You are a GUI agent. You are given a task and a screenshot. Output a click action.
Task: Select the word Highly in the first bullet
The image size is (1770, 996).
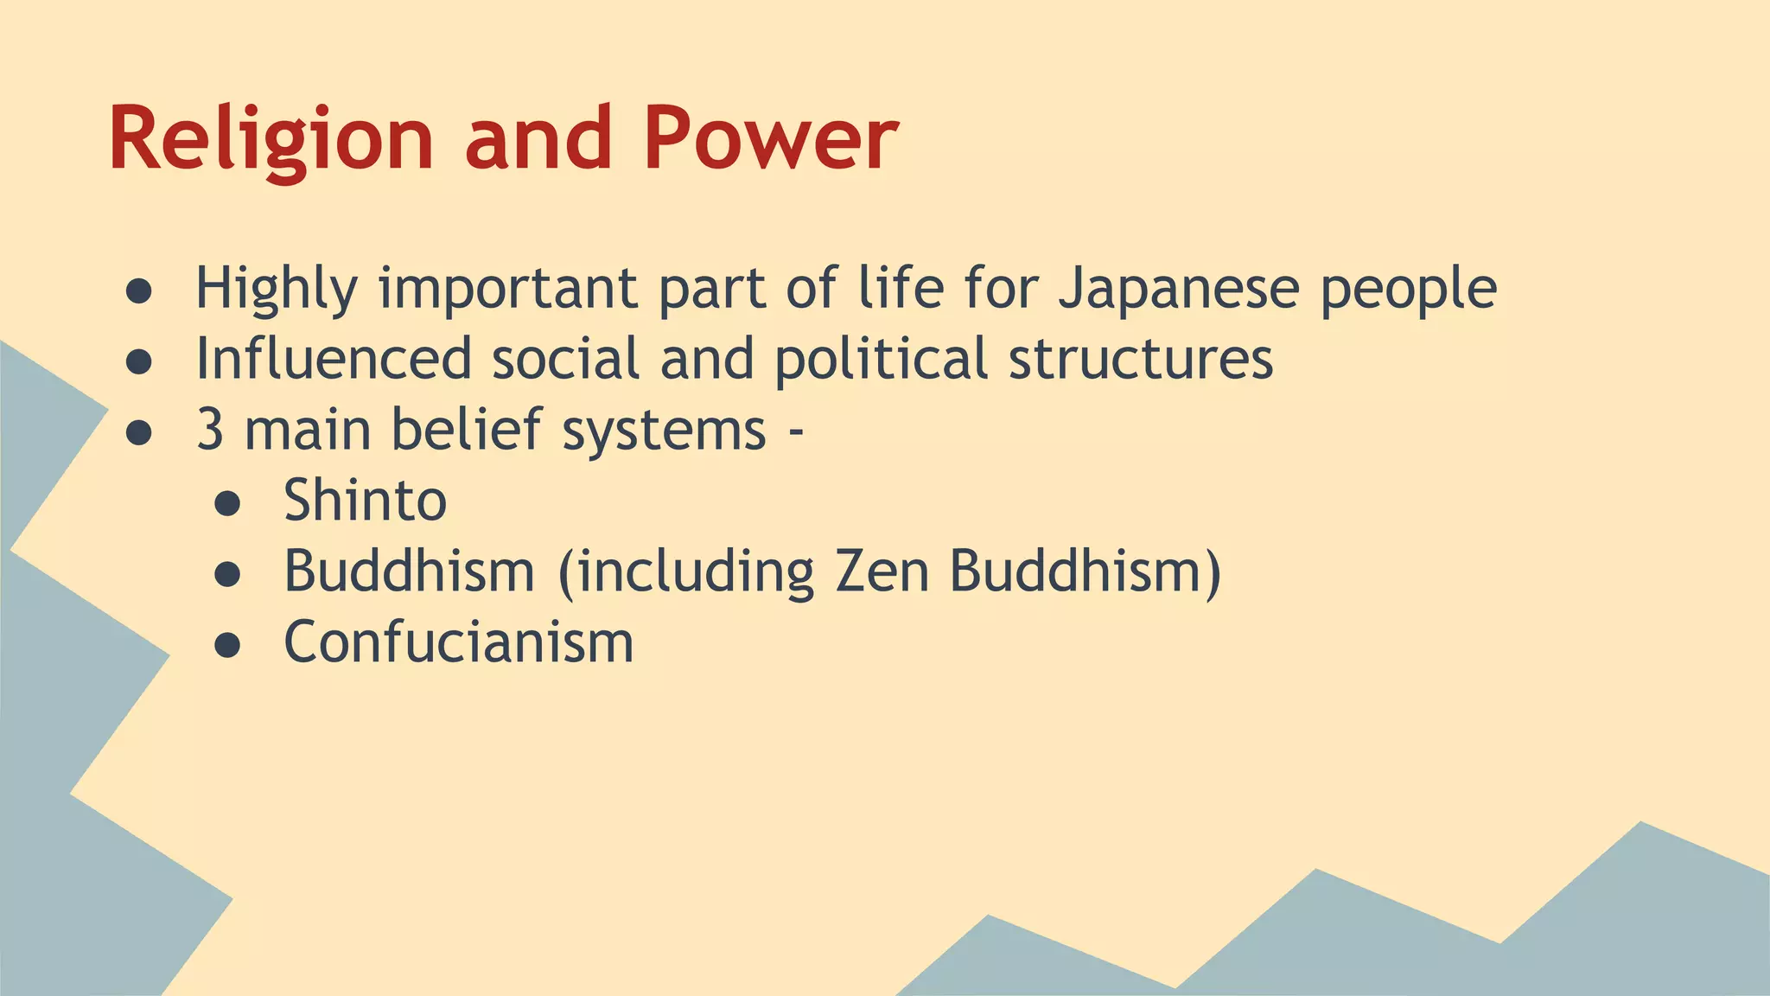tap(276, 289)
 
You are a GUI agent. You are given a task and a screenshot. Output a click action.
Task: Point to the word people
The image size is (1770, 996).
tap(1409, 289)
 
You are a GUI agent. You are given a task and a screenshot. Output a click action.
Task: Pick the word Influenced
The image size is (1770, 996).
tap(334, 359)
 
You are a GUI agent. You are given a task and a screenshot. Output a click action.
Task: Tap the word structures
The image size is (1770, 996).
tap(1141, 359)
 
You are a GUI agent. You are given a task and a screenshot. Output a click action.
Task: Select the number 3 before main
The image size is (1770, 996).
tap(210, 430)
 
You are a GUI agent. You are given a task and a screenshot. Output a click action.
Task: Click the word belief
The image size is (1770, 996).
tap(467, 430)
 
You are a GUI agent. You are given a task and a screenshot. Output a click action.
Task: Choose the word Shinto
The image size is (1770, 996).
tap(365, 501)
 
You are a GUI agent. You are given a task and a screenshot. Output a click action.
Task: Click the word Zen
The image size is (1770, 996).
tap(882, 571)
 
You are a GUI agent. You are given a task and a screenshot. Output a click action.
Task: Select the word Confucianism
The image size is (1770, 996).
tap(459, 642)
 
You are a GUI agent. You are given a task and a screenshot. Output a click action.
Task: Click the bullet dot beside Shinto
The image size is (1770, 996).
tap(227, 504)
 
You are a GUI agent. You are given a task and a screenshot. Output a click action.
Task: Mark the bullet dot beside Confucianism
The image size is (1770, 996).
tap(227, 646)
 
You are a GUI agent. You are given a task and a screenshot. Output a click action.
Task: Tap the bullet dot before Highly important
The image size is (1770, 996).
tap(139, 292)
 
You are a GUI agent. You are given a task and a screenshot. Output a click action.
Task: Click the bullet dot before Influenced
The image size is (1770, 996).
tap(139, 362)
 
